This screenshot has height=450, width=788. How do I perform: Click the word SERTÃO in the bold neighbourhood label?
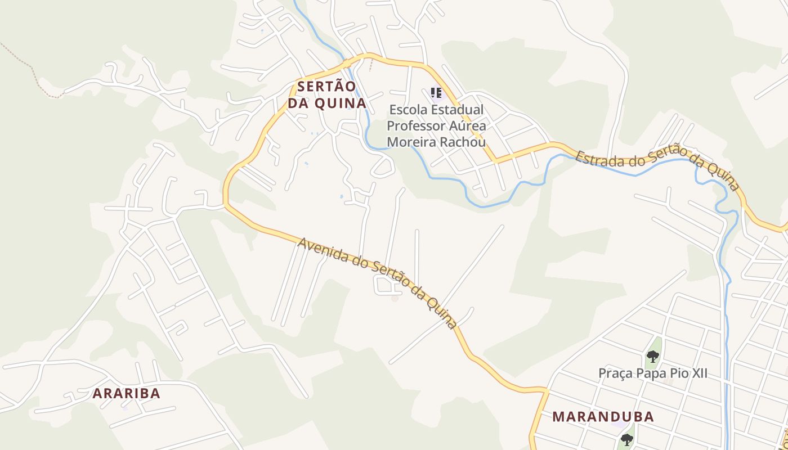pos(327,87)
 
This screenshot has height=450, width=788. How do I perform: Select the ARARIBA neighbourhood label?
pos(127,394)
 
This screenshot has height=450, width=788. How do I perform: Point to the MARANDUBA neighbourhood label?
pos(603,417)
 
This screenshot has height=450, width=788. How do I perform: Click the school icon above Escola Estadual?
pos(436,92)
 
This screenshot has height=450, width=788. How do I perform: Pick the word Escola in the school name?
pos(406,109)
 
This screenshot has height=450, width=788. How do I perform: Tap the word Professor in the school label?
pos(414,125)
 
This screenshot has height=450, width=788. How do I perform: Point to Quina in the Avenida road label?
pos(441,313)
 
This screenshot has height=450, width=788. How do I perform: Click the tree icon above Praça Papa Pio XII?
pos(652,355)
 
